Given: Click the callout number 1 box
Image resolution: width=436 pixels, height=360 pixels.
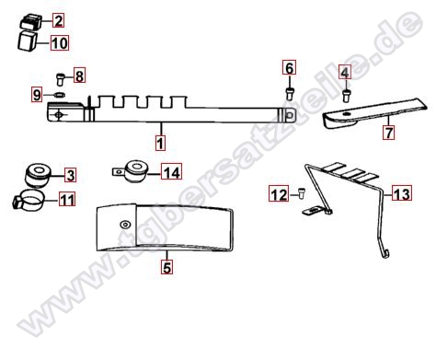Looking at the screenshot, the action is [160, 143].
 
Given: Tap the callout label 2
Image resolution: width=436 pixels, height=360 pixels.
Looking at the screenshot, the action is [58, 20].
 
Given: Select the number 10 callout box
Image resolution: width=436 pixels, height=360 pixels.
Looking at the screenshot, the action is [60, 43].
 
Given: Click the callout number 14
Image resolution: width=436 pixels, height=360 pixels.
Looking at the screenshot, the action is [172, 172].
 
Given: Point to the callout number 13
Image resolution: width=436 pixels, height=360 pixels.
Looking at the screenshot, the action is [402, 193].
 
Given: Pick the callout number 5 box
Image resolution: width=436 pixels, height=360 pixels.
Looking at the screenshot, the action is [166, 267].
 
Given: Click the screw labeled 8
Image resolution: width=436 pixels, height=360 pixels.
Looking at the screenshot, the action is [60, 79].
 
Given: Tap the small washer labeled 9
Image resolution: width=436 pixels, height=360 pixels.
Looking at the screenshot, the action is [59, 95].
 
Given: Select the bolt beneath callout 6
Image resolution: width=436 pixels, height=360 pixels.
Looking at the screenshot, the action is [290, 94].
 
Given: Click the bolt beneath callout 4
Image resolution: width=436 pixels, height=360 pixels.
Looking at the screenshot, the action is [346, 96].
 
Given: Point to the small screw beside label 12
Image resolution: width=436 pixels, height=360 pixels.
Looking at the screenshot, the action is [301, 193].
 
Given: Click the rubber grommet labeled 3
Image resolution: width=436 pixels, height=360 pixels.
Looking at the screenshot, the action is [38, 175].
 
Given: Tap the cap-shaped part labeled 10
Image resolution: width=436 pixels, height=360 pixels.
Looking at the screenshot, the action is [27, 41].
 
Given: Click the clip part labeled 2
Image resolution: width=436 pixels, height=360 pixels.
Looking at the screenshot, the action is [30, 22].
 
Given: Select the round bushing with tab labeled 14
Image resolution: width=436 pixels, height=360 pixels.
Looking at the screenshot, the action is [132, 172].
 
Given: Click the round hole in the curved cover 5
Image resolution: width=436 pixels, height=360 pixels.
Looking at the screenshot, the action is [125, 225].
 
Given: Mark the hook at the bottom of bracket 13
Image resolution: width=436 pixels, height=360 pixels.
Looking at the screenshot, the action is [385, 254].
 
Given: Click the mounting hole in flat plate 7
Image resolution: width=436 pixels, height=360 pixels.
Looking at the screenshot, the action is [346, 114].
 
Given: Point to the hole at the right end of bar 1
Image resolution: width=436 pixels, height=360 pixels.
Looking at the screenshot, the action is [289, 116].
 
